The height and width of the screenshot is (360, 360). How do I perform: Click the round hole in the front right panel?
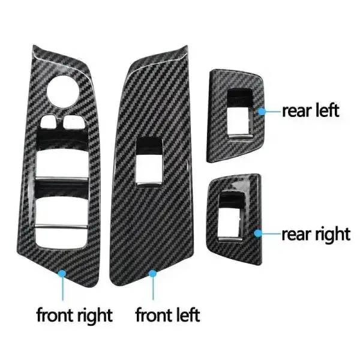click(x=63, y=91)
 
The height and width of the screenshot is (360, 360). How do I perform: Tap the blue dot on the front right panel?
click(x=62, y=274)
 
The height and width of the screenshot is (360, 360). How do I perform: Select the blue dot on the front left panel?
click(x=152, y=274)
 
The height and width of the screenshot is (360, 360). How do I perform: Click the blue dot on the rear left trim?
click(x=262, y=112)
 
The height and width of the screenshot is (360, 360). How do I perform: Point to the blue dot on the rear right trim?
click(x=258, y=233)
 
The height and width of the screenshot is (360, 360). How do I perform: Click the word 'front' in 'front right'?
click(x=55, y=315)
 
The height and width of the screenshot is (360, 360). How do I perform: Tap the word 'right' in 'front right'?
click(x=95, y=316)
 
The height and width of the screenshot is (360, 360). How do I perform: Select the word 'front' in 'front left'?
click(x=154, y=315)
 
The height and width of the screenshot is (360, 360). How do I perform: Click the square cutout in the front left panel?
click(x=149, y=161)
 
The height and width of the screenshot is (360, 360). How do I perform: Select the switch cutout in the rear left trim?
click(x=239, y=113)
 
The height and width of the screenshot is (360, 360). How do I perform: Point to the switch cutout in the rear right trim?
click(x=230, y=216)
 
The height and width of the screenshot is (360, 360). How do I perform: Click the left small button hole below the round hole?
click(x=49, y=122)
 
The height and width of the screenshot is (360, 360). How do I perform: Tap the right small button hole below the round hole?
click(x=74, y=122)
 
